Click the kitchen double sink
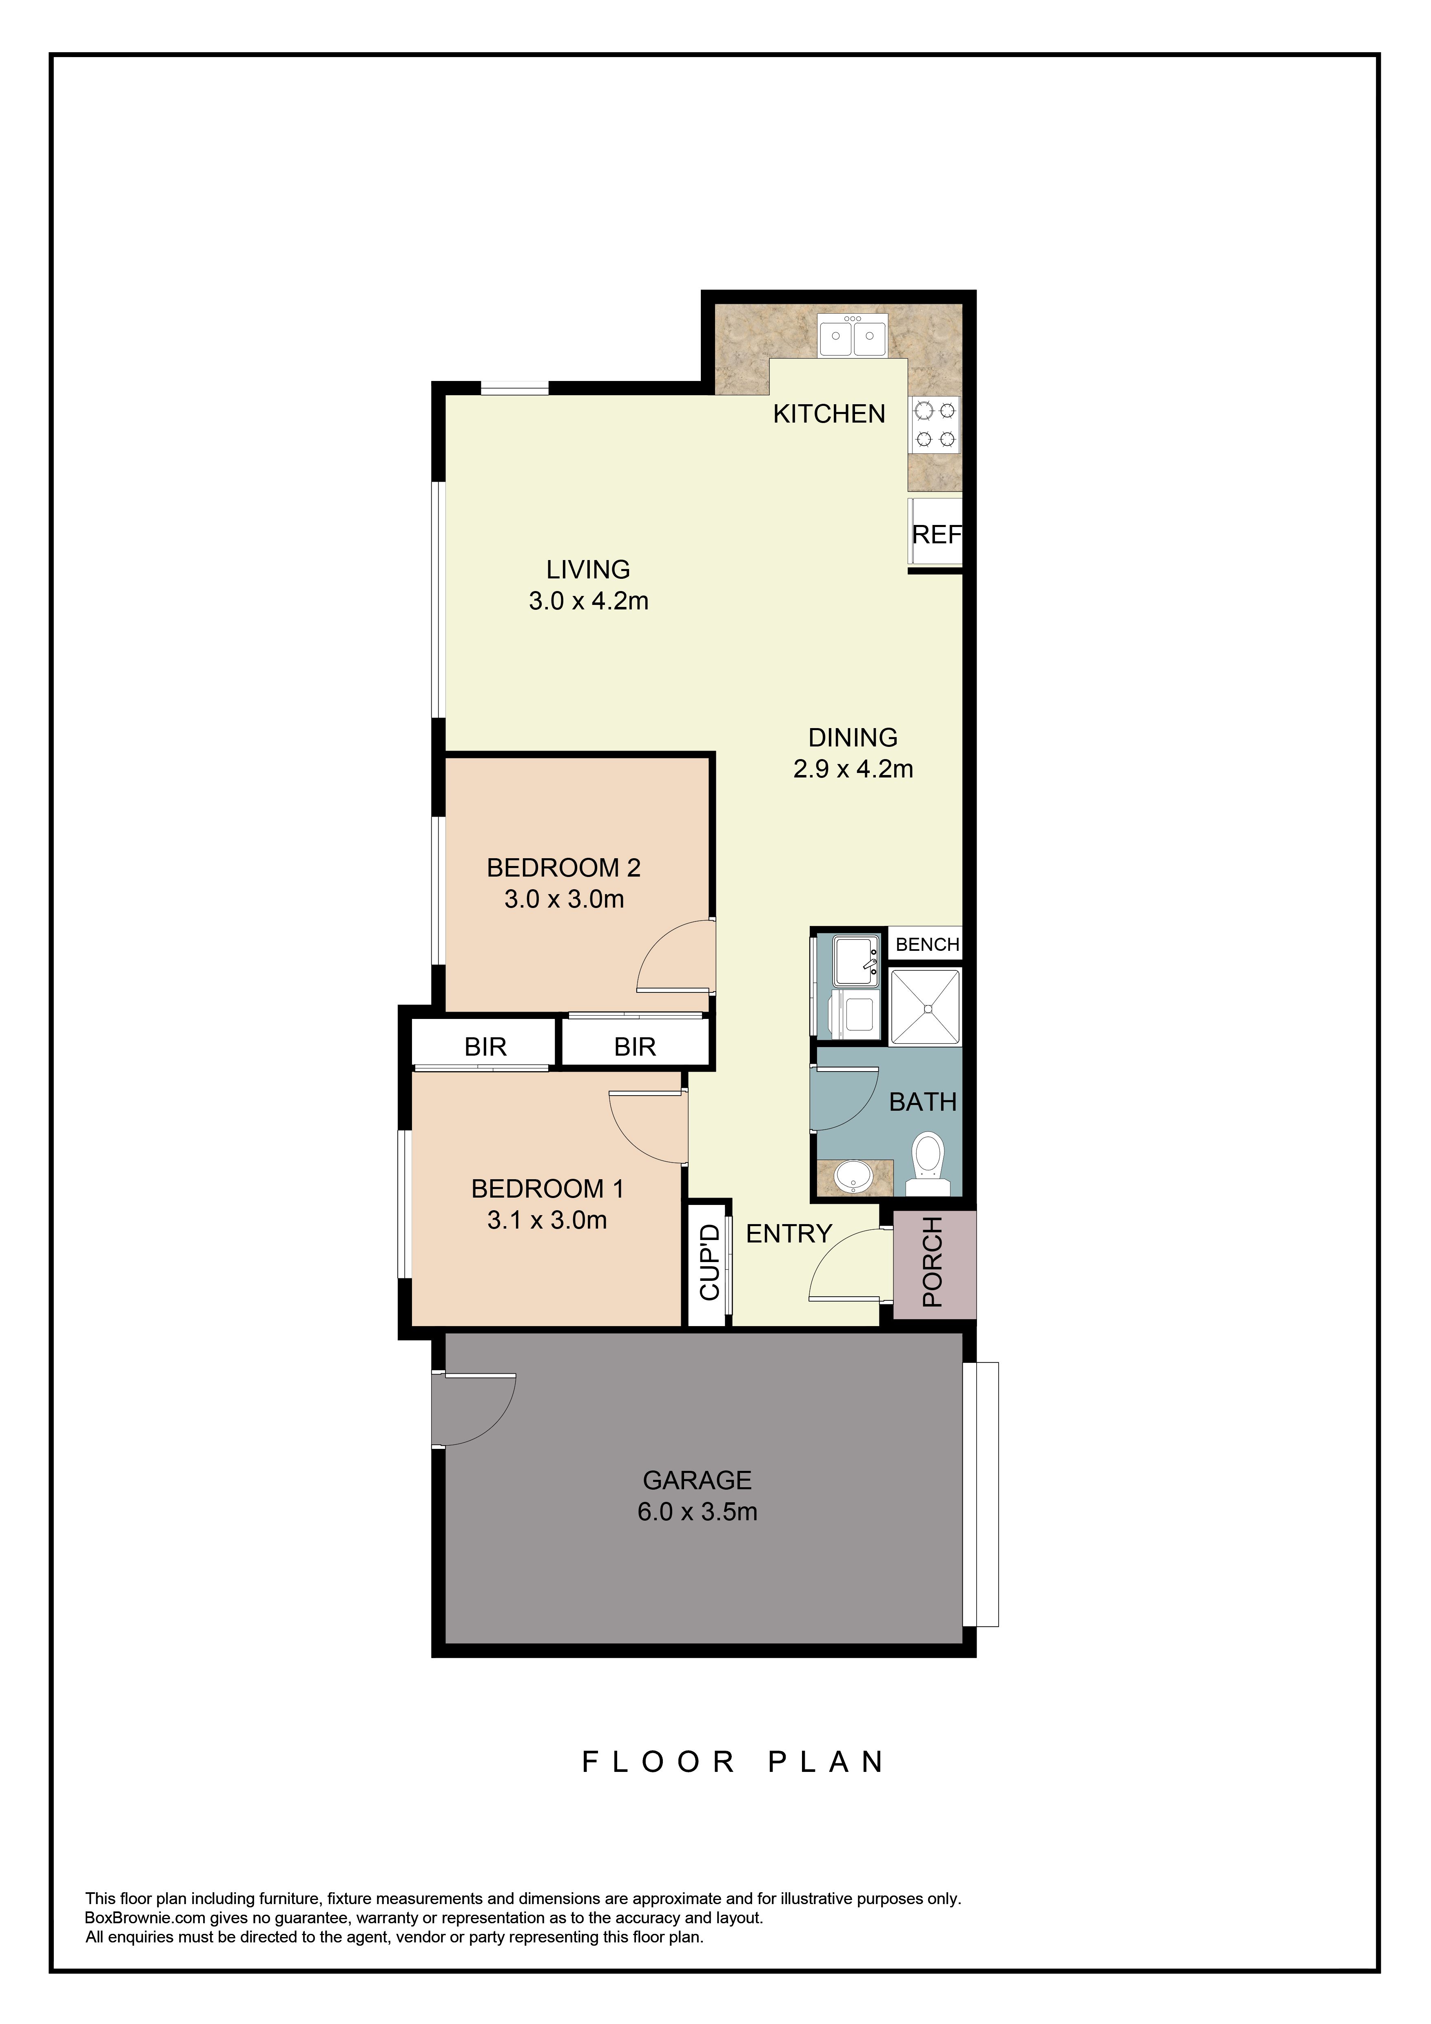(853, 336)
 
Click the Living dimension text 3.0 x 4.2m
(588, 601)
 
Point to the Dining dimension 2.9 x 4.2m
(853, 769)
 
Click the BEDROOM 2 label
(563, 868)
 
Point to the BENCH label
(927, 944)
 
